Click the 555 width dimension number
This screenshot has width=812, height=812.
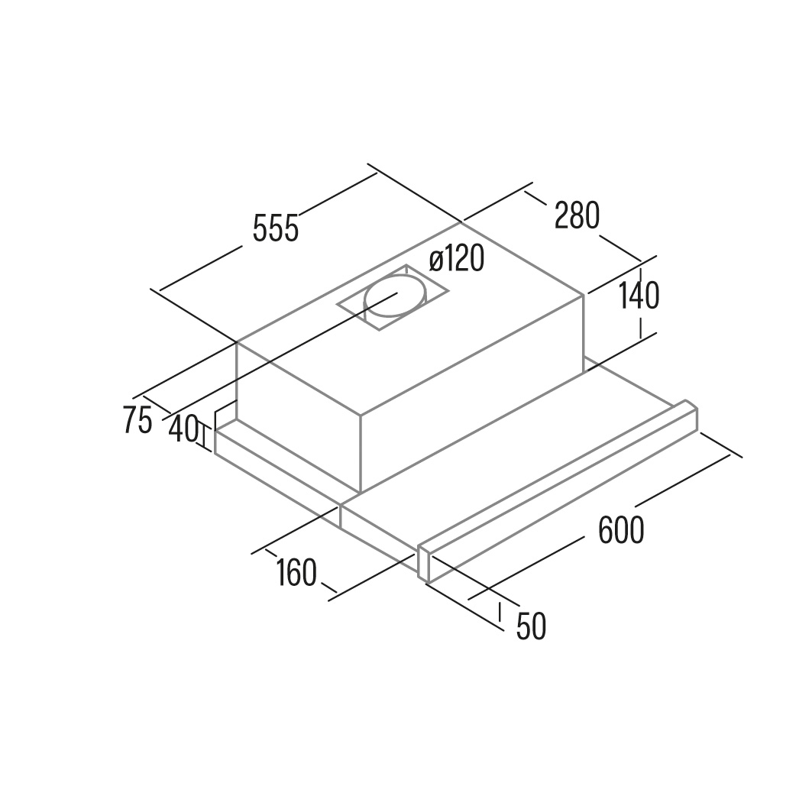coord(276,228)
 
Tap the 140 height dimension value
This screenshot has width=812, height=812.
coord(639,295)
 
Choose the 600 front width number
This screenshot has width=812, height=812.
coord(621,529)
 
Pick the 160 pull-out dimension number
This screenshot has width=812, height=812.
coord(296,573)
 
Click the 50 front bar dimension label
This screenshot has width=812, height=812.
coord(532,626)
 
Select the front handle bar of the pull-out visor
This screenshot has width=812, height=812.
coord(558,490)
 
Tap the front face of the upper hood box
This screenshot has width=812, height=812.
coord(472,393)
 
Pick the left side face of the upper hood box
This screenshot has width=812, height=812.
coord(298,417)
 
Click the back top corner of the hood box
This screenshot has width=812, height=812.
coord(461,223)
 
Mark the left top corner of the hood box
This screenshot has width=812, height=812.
coord(237,342)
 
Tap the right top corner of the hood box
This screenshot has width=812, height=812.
coord(584,295)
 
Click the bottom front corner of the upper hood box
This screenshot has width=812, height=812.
coord(361,492)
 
